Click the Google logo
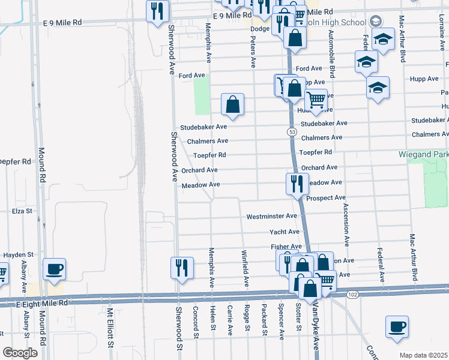click(20, 353)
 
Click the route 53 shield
click(292, 131)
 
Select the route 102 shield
click(352, 294)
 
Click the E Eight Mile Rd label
click(38, 304)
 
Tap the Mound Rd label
click(42, 165)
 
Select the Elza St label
click(22, 211)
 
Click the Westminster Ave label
click(272, 216)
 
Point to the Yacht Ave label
click(285, 232)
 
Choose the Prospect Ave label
click(326, 197)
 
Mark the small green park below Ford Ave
click(202, 96)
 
